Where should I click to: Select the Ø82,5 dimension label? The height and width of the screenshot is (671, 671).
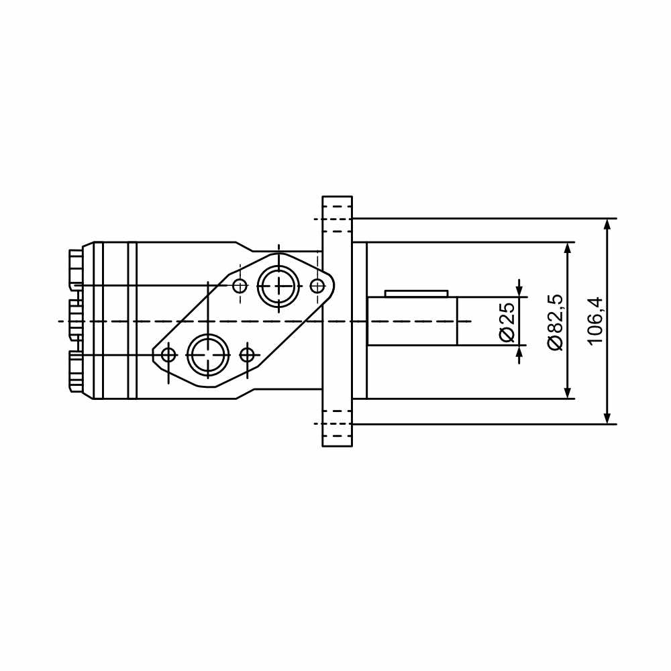[556, 322]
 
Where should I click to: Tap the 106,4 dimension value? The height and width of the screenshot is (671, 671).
[595, 321]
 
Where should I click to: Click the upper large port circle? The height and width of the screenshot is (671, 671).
[278, 285]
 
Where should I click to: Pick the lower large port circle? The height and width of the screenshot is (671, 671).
[208, 355]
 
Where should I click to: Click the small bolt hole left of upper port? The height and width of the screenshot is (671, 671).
[240, 285]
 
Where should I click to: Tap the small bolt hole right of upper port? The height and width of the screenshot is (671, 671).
[317, 285]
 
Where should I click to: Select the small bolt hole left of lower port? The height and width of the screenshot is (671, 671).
[168, 355]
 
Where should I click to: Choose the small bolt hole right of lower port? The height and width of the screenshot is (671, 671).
[247, 355]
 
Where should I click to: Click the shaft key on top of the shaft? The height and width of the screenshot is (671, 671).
[417, 294]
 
